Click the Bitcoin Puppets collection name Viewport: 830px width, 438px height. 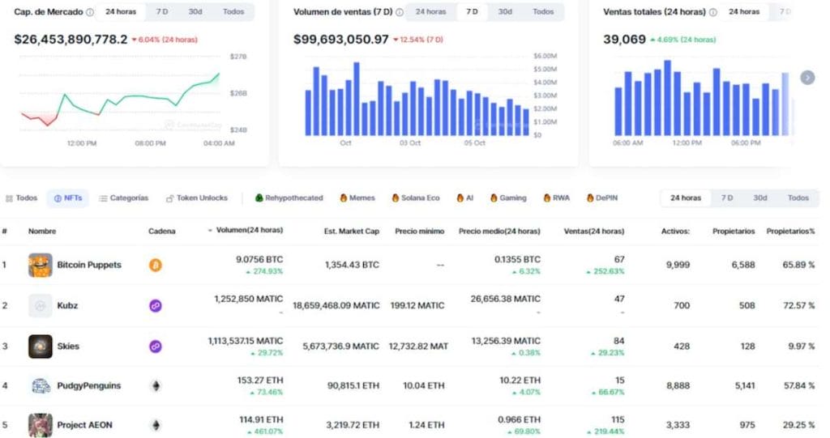89,265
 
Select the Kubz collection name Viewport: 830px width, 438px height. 68,305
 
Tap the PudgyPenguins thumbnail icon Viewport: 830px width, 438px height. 41,385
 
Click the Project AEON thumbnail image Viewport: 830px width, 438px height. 41,425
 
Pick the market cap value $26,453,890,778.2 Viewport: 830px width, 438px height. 71,39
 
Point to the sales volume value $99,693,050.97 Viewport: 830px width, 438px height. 340,39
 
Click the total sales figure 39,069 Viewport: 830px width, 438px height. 624,39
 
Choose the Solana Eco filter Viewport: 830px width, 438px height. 415,198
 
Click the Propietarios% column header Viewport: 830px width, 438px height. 791,231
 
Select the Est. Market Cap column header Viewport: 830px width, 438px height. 351,231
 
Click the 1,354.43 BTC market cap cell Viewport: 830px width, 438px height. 352,265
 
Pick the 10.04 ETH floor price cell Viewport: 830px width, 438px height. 425,385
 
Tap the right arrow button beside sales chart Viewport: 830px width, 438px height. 807,77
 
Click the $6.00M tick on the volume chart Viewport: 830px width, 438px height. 545,56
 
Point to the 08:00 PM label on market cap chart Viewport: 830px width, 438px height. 150,143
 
